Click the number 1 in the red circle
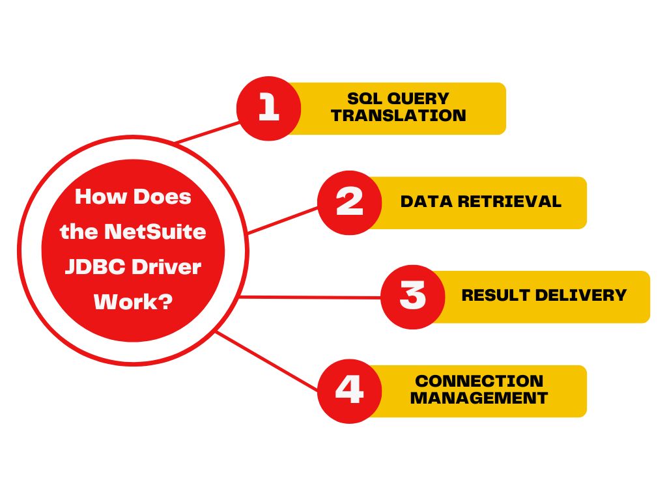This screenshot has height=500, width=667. (268, 107)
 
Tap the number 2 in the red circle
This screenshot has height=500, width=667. (349, 201)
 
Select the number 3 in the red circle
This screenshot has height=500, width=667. (412, 295)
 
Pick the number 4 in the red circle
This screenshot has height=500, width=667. (349, 389)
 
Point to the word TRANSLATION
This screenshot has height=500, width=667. (399, 115)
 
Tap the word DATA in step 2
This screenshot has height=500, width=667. (426, 202)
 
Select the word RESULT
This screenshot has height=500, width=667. (495, 295)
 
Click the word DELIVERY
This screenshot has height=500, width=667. (580, 295)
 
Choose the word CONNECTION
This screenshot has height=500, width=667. (479, 381)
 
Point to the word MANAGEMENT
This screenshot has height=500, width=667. (479, 398)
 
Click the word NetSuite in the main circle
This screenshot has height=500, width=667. (155, 232)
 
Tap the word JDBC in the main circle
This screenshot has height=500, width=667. (95, 267)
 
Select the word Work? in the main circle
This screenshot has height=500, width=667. (133, 302)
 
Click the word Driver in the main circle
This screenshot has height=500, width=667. (166, 267)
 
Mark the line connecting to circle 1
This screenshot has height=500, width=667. (208, 132)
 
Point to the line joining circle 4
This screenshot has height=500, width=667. (266, 361)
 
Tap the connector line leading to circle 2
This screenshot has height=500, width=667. (283, 220)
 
